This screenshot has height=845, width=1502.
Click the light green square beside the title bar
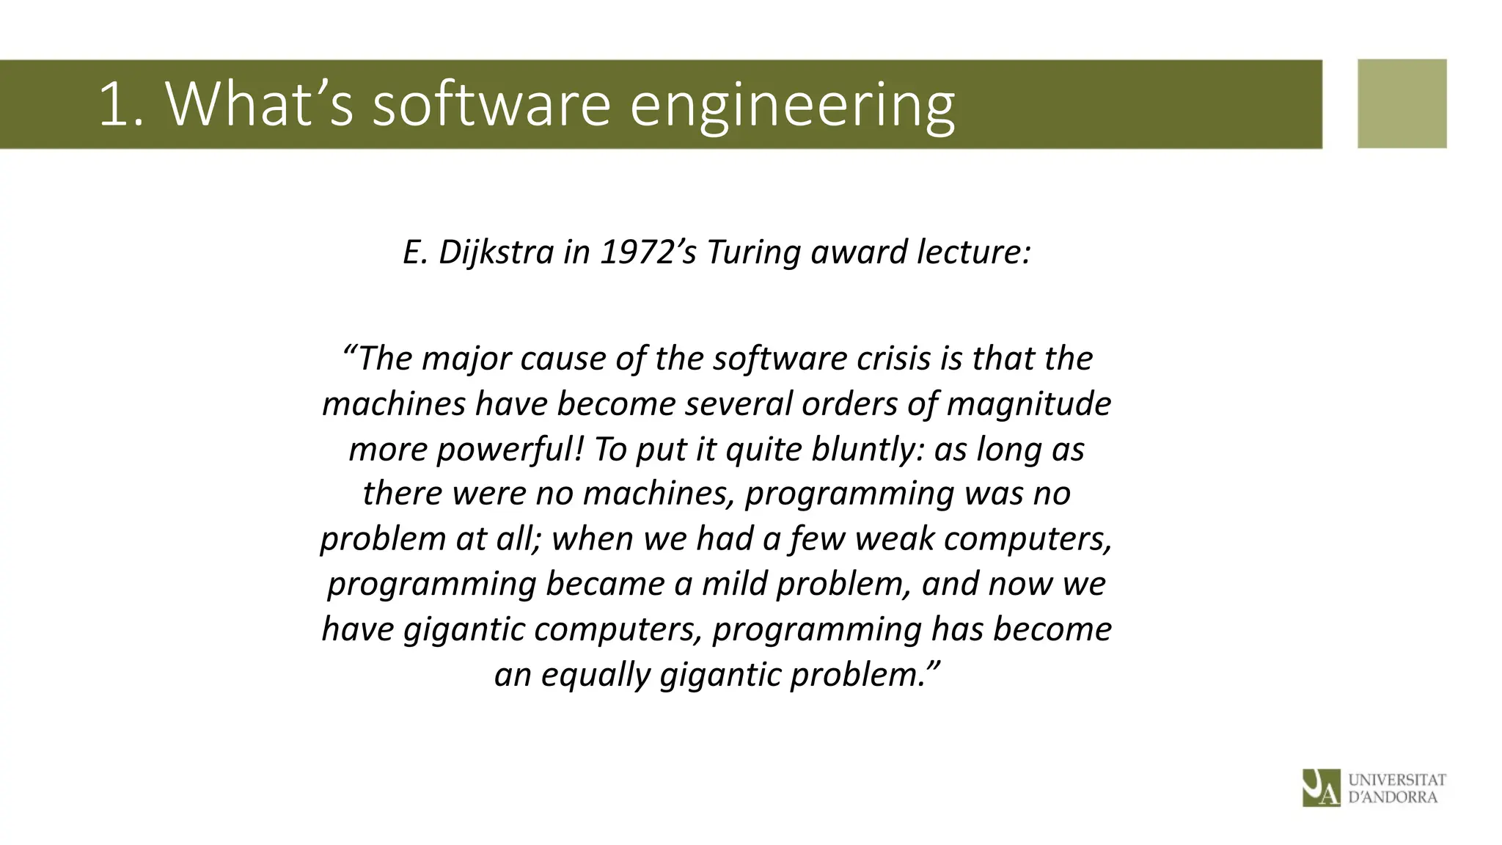pos(1402,103)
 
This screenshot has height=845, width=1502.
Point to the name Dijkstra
pos(496,252)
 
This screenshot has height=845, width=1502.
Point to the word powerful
pos(510,450)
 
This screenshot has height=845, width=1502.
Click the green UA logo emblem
pos(1321,788)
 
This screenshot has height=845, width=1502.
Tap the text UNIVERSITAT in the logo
pos(1396,780)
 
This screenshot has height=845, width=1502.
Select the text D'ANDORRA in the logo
pos(1392,797)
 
